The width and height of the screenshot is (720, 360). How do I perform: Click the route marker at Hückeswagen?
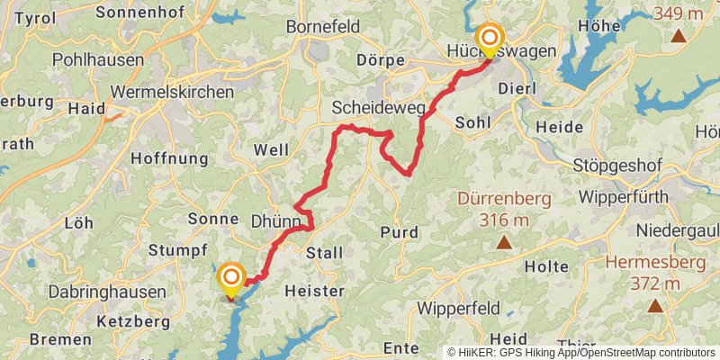coord(490,38)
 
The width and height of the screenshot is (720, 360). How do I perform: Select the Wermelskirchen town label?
coord(171,92)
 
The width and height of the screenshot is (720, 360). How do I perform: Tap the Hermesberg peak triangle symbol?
coord(655,306)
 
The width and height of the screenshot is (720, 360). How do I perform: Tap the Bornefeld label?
coord(322,27)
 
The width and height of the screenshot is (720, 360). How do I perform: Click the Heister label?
coord(314,292)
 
